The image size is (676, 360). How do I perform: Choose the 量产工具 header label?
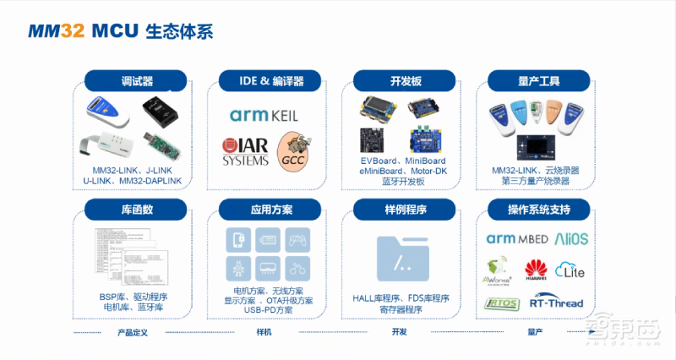point(538,82)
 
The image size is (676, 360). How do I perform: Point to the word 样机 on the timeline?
point(264,332)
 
